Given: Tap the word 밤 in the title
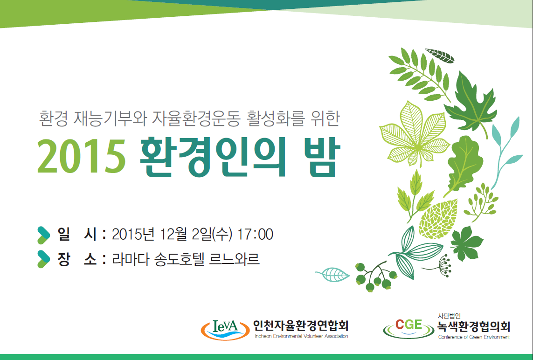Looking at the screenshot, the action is pos(323,157).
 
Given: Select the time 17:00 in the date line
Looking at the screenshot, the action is pos(255,234).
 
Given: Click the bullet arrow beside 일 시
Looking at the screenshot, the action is pos(43,235).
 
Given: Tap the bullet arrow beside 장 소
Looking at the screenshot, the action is pos(43,259).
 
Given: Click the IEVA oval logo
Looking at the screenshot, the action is pos(225,329).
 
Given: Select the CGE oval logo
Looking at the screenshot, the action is pos(408,328).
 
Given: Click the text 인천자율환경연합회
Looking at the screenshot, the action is pos(301,325).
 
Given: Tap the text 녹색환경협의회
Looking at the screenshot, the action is pos(474,327).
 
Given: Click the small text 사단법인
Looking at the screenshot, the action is pos(449,316).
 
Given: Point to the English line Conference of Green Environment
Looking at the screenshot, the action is pos(474,337).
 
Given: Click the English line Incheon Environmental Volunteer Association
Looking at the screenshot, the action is pos(301,336).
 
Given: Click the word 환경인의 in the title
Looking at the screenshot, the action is pos(213,157).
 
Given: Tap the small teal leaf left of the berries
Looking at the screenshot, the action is pos(333,274).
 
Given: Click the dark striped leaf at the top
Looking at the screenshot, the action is pos(440,56).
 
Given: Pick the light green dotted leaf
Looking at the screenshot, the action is pos(438,219).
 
